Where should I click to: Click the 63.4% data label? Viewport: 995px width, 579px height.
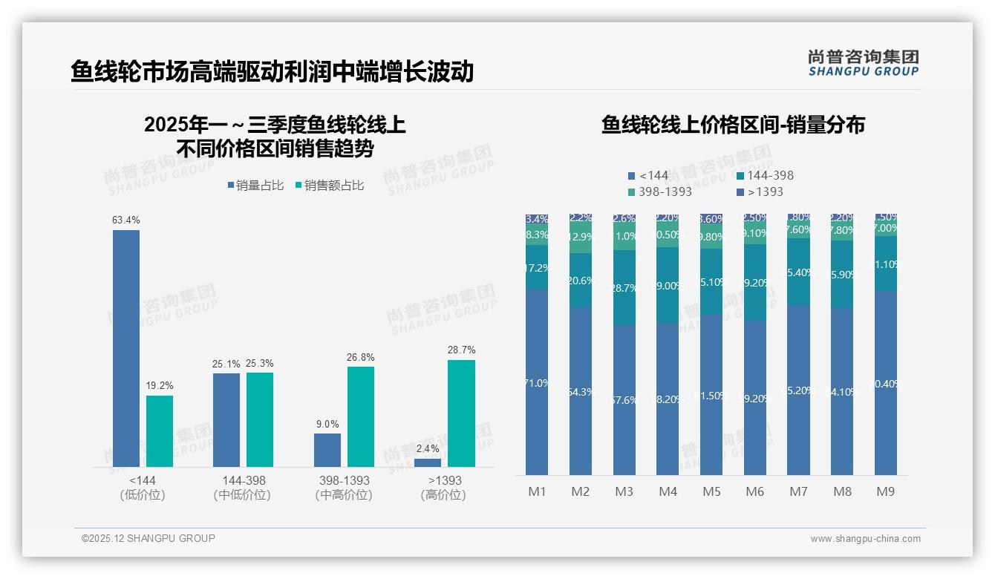pos(126,220)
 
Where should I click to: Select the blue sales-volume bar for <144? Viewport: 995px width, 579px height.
pos(126,348)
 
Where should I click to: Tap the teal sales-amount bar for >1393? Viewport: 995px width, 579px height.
pos(461,413)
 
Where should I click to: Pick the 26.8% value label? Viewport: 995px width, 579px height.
pos(361,358)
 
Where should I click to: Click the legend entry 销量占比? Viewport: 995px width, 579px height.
pos(255,186)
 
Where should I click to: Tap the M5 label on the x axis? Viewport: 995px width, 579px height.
pos(711,491)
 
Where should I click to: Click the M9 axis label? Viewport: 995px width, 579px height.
pos(886,491)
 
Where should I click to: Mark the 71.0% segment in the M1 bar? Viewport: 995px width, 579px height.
pos(537,382)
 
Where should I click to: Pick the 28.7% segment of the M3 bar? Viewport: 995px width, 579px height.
pos(624,288)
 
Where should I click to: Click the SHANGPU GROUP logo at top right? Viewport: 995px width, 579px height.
pos(863,63)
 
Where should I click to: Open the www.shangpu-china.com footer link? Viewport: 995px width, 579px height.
pos(865,539)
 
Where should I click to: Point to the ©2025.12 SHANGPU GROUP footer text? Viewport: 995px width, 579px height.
pos(149,539)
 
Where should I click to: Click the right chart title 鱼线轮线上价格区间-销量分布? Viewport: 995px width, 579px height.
pos(733,125)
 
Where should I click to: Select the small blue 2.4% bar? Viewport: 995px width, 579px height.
pos(428,463)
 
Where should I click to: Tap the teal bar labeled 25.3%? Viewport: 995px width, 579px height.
pos(260,419)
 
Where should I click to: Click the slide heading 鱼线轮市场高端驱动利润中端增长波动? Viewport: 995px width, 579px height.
pos(272,71)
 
